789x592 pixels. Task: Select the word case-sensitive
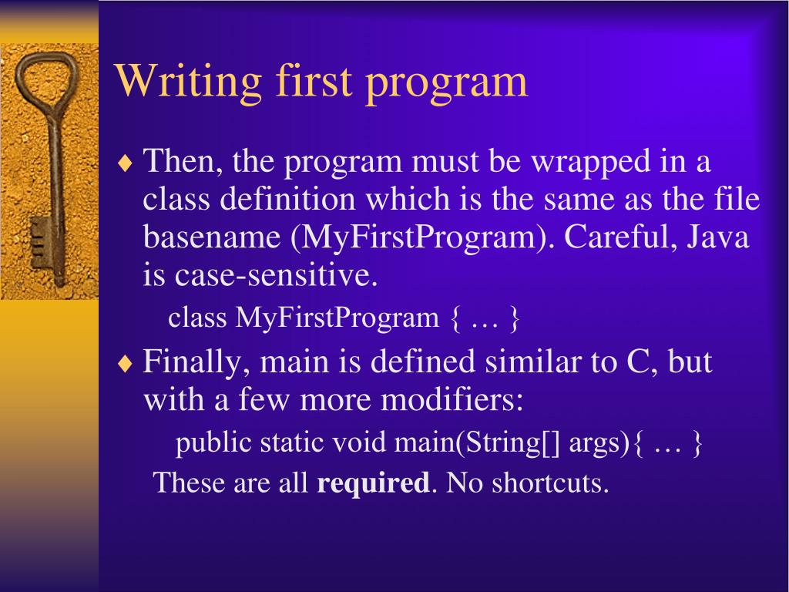click(x=276, y=275)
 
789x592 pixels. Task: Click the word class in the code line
click(x=197, y=317)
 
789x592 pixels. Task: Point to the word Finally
click(x=196, y=363)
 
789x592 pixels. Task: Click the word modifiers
click(x=452, y=400)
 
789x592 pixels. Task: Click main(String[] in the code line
click(x=476, y=443)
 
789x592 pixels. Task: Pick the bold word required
click(x=374, y=483)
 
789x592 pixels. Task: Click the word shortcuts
click(x=550, y=483)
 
